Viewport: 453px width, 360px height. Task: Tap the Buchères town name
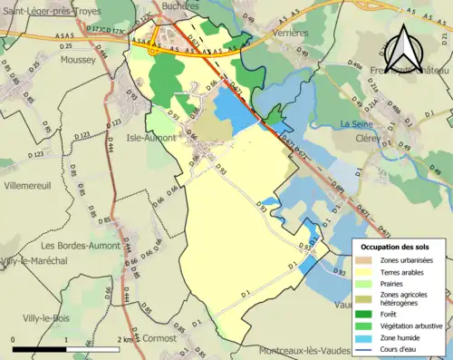[x=180, y=5]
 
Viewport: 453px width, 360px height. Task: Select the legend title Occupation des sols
[x=397, y=247]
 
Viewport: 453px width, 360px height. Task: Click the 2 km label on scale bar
[x=127, y=339]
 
